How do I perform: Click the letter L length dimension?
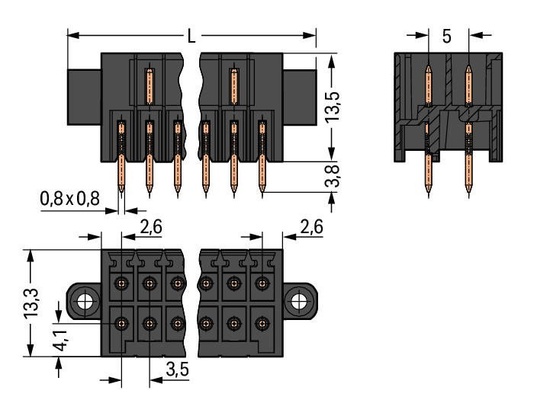point(191,36)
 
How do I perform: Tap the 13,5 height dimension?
point(332,106)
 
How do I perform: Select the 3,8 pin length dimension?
point(332,176)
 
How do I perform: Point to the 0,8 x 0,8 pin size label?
point(70,199)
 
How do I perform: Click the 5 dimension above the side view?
point(447,36)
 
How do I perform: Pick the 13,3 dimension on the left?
point(31,303)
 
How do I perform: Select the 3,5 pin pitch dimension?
point(178,369)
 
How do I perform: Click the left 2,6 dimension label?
point(151,226)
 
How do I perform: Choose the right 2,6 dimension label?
point(311,226)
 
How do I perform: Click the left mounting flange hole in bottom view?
point(84,302)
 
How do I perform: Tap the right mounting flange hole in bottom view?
point(299,302)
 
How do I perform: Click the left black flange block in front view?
point(84,98)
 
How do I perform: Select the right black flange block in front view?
point(300,98)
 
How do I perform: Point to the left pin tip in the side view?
point(429,195)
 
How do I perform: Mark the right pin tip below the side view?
point(469,195)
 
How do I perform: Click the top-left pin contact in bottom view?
point(121,283)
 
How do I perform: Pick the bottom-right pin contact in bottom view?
point(262,323)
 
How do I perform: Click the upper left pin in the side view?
point(429,85)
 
